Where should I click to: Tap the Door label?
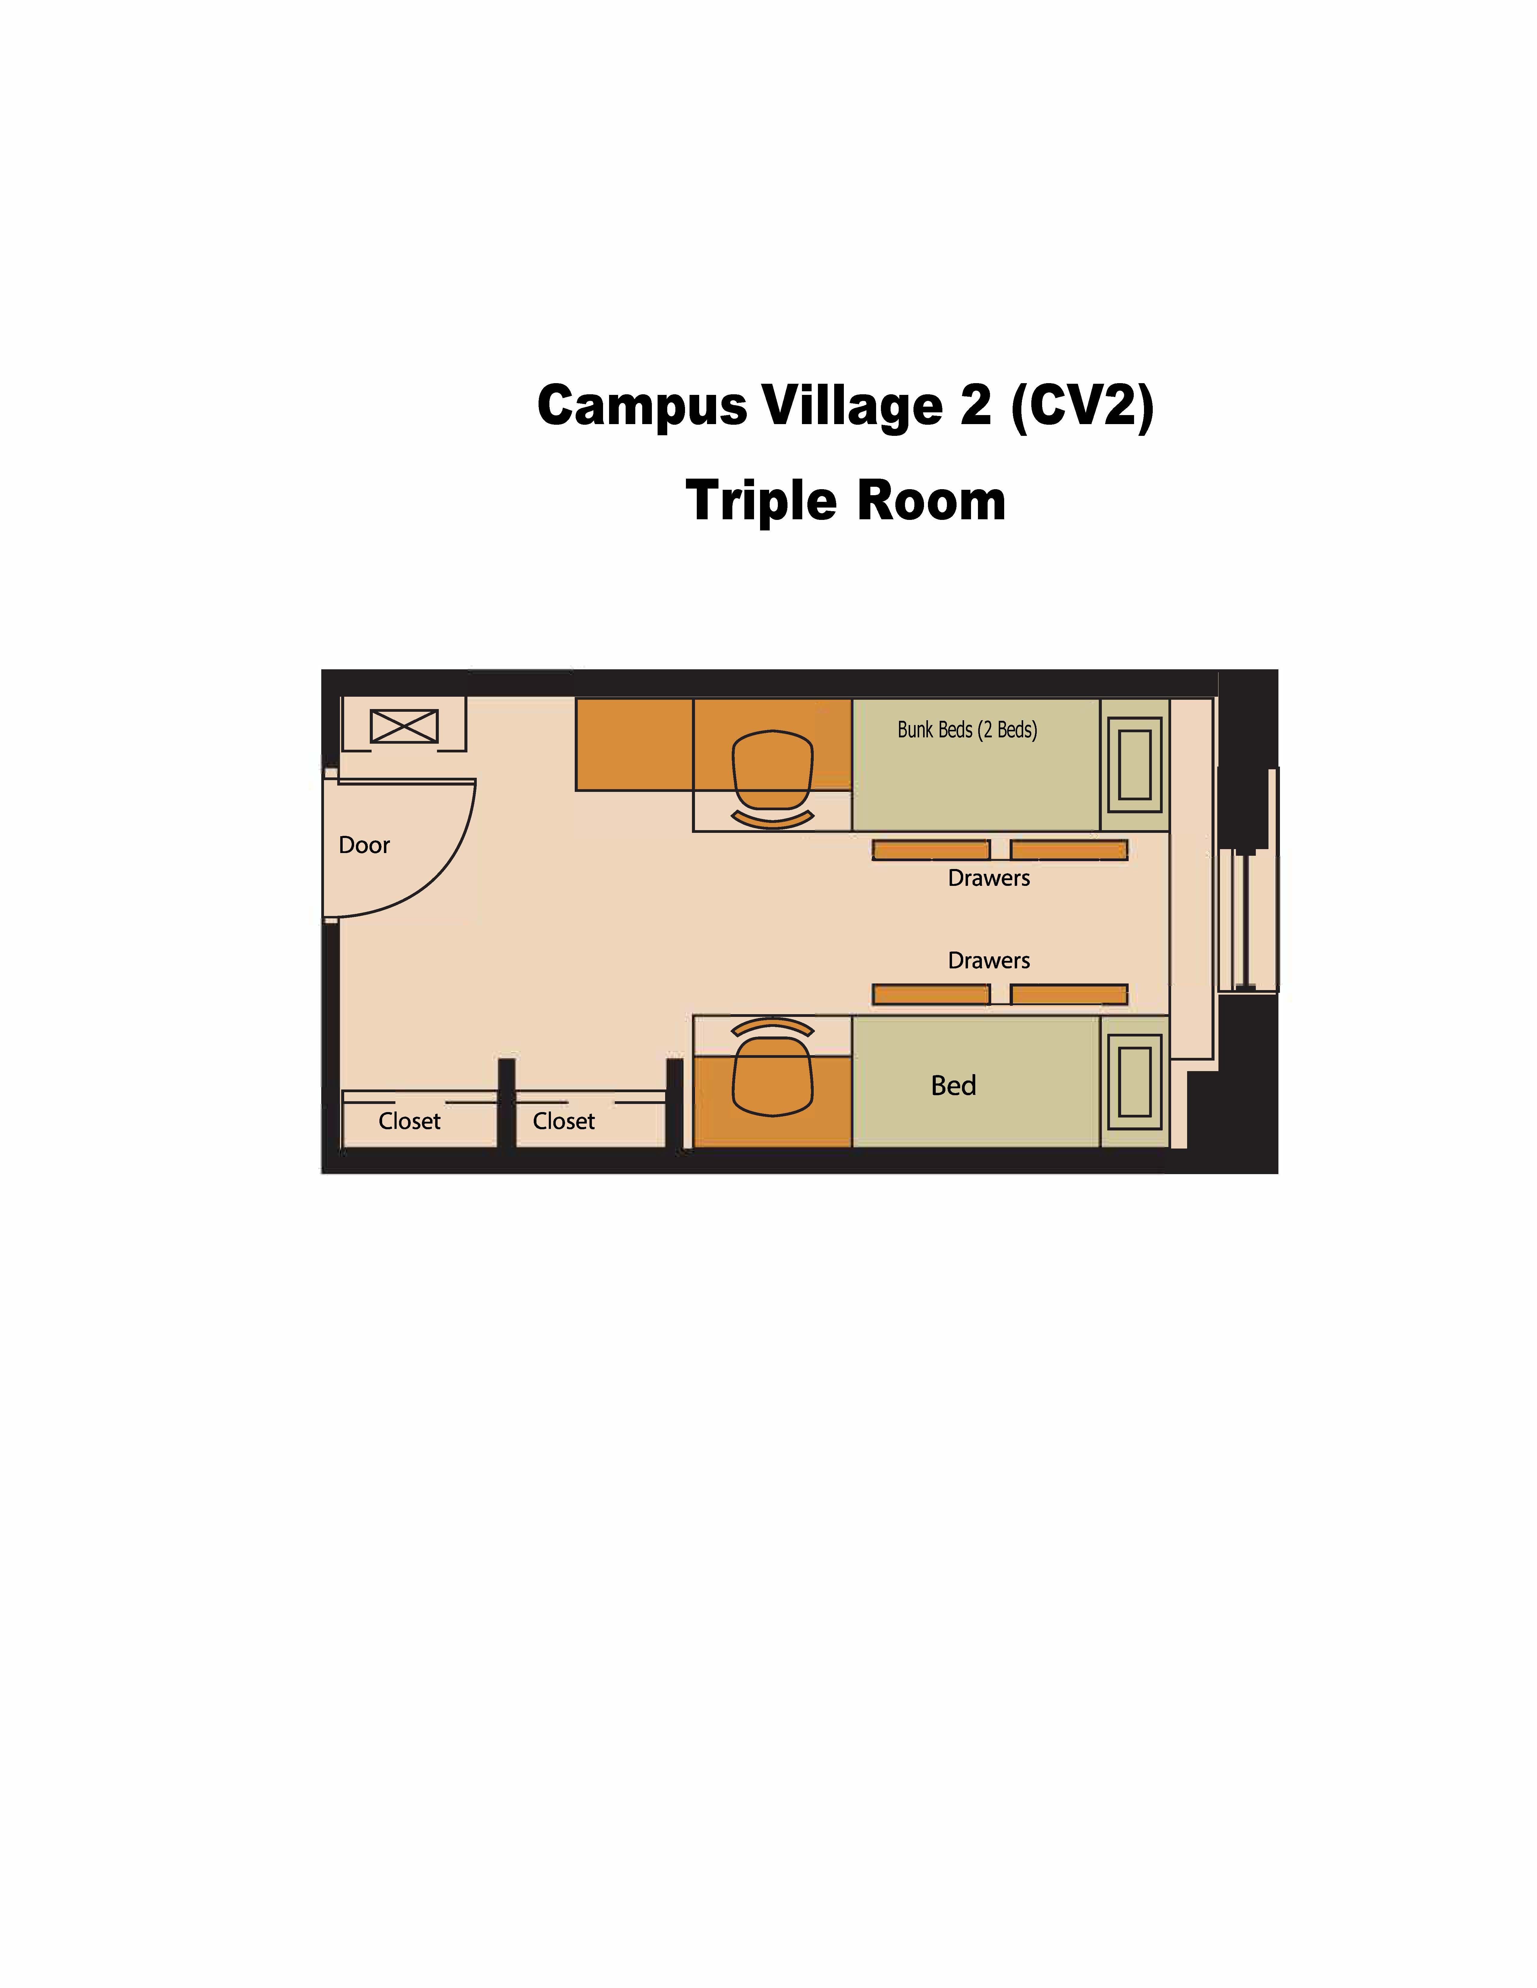coord(364,846)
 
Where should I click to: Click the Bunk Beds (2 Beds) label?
coord(967,730)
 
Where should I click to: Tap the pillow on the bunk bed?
coord(1135,764)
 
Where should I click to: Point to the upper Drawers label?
coord(989,878)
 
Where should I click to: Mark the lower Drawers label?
coord(989,960)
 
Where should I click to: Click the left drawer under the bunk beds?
coord(931,850)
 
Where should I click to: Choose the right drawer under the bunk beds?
coord(1069,850)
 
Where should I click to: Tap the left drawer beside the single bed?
coord(931,994)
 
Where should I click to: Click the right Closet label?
coord(564,1121)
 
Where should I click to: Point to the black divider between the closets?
coord(506,1103)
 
